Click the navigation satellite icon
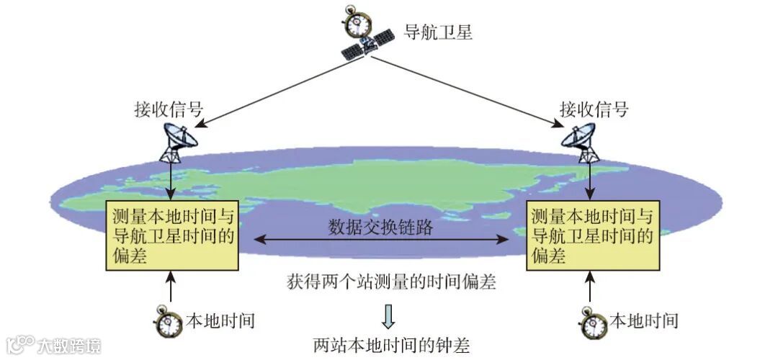(x=367, y=44)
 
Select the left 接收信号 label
(x=169, y=109)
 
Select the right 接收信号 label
(x=594, y=109)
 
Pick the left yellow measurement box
(x=173, y=235)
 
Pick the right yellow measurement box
(x=593, y=235)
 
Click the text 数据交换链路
(x=381, y=228)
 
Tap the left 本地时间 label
(x=220, y=320)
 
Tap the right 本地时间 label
(x=644, y=320)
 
